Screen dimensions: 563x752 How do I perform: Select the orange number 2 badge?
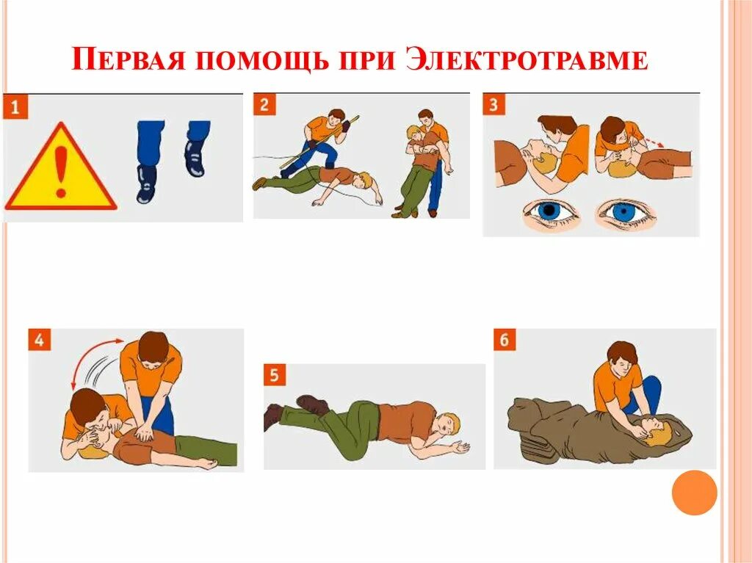(265, 104)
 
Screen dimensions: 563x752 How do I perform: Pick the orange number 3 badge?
(493, 104)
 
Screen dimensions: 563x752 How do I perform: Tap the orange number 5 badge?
(275, 375)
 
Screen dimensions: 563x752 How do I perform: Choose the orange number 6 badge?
(505, 340)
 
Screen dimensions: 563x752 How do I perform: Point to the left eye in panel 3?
(551, 212)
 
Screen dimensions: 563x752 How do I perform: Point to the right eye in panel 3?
(624, 212)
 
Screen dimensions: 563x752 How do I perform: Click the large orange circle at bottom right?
(694, 493)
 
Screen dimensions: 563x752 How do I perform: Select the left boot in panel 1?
(146, 184)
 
